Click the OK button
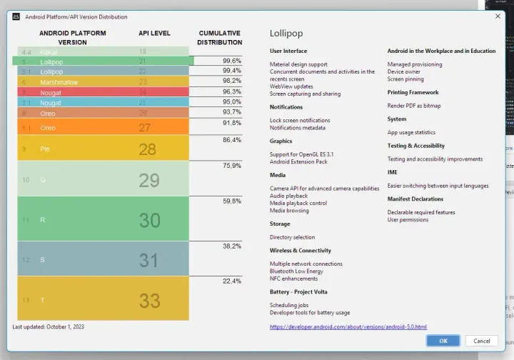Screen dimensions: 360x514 (443, 341)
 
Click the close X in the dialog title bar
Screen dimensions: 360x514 (498, 16)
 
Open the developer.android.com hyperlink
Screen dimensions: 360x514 (348, 326)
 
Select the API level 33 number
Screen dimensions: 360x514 (149, 300)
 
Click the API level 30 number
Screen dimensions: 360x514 (149, 220)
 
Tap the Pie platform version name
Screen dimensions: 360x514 (46, 149)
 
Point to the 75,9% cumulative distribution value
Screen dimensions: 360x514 (231, 166)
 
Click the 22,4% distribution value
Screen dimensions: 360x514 (231, 281)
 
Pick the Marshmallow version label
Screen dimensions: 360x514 (59, 82)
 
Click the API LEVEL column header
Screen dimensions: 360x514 (154, 33)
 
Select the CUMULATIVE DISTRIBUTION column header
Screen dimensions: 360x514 (220, 37)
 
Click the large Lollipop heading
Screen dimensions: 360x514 (286, 34)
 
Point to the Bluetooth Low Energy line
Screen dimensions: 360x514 (296, 271)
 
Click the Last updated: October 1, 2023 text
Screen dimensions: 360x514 (49, 326)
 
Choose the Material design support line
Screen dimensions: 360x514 (298, 64)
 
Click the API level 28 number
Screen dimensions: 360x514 (148, 149)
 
